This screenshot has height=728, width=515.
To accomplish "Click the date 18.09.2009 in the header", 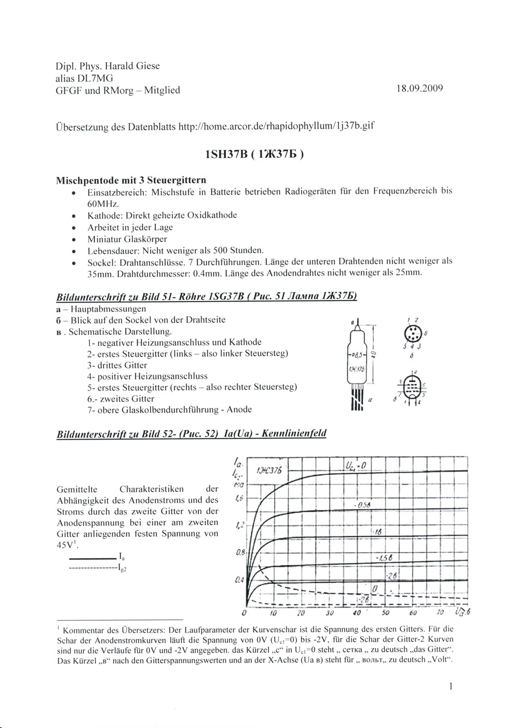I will (419, 89).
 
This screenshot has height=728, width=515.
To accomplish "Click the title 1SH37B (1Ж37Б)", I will (254, 155).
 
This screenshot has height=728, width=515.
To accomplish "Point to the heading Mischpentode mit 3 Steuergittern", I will (131, 180).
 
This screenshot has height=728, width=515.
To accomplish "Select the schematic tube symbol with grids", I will (412, 386).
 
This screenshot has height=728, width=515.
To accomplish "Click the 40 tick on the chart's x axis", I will (356, 613).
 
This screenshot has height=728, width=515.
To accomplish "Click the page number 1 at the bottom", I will (451, 686).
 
